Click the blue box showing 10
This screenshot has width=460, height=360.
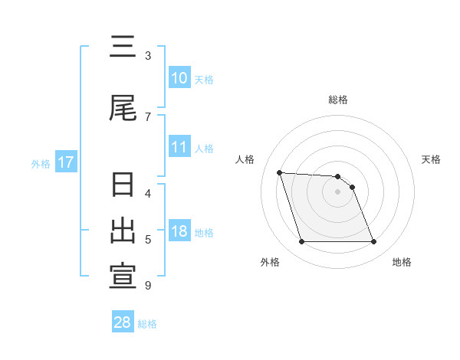coord(179,79)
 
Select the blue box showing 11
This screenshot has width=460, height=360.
coord(179,147)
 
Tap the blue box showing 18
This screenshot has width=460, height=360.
coord(179,231)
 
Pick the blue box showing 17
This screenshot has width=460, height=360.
coord(65,162)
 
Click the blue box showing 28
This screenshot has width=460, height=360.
coord(123,322)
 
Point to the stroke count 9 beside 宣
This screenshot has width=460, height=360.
coord(148,286)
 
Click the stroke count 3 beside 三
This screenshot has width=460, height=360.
coord(148,55)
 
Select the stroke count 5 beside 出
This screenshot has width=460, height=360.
coord(148,240)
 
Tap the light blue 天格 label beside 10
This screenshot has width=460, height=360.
coord(204,80)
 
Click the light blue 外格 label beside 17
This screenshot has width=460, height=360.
coord(41,163)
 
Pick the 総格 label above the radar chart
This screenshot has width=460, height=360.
coord(338,100)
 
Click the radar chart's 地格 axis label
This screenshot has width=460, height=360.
coord(402,262)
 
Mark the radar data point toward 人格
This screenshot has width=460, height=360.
coord(280,172)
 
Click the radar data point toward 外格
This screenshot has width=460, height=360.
coord(301,242)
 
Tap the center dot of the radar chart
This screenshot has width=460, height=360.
coord(337,191)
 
